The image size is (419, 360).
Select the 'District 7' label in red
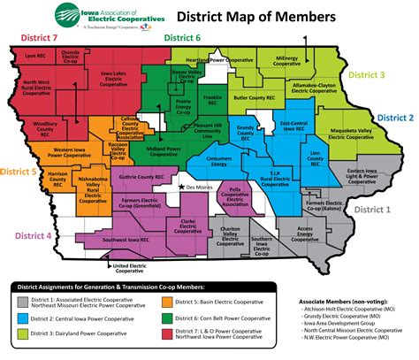[40, 40]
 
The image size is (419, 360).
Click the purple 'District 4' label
[26, 236]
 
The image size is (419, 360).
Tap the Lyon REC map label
[34, 56]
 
